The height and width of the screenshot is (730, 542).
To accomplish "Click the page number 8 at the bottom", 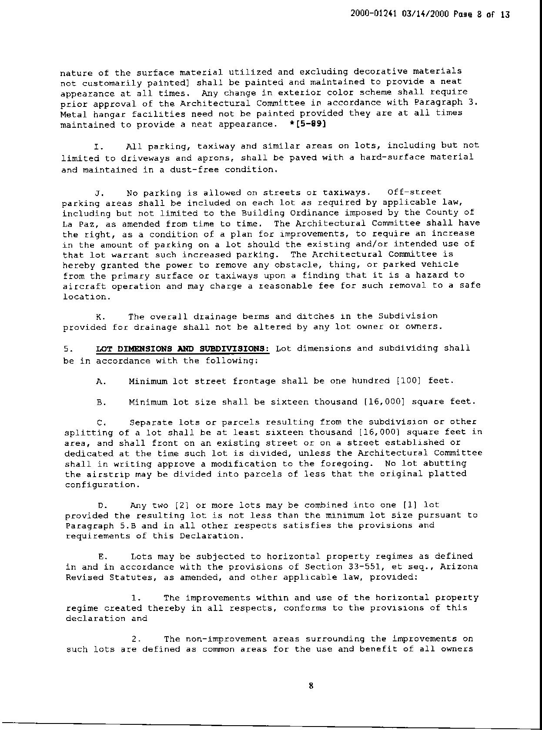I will [311, 686].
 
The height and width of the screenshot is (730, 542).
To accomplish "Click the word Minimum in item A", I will [148, 382].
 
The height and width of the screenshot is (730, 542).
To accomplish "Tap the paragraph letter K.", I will [99, 317].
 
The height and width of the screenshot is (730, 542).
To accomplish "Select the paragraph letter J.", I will [98, 192].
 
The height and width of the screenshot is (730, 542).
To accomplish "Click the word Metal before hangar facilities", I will [74, 114].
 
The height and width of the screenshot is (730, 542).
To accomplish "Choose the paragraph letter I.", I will [97, 146].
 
